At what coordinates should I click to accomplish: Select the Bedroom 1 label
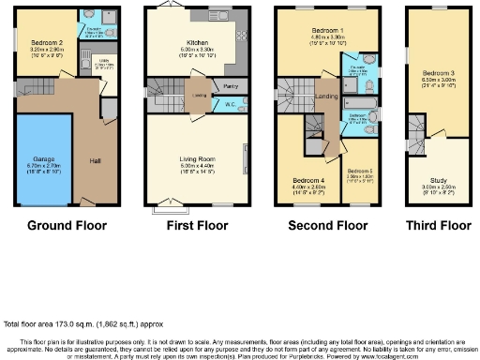pos(328,31)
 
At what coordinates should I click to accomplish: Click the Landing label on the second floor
pos(327,96)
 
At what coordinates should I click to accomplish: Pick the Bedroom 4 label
pos(309,180)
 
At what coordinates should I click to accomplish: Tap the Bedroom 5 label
pos(360,171)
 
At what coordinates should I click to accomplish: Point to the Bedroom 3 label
pos(438,73)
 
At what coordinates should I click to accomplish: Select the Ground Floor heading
pos(67,225)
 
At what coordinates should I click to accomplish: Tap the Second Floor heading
pos(328,225)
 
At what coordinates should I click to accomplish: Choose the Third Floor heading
pos(437,225)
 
